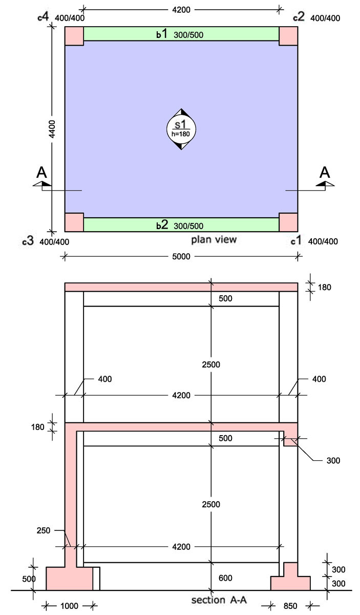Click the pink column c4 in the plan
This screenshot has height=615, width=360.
[x=74, y=36]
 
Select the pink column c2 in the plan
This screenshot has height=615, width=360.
[x=288, y=36]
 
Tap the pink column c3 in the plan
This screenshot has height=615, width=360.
[x=74, y=222]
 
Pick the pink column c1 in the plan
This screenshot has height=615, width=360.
[x=288, y=222]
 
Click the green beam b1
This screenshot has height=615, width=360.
[x=181, y=34]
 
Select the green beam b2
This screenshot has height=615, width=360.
[x=181, y=224]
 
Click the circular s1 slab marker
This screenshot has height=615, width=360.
[x=181, y=128]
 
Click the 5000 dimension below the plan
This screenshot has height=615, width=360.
[x=181, y=256]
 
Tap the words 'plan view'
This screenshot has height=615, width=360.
[x=214, y=240]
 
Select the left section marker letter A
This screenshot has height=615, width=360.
[x=42, y=172]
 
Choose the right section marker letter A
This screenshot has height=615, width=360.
[x=324, y=172]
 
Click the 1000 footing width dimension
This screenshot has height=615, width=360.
[x=69, y=606]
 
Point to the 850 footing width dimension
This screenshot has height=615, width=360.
[x=290, y=606]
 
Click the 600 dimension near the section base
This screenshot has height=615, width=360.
[x=224, y=578]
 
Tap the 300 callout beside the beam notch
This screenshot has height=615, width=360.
[x=333, y=461]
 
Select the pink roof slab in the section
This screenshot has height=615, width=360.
[x=181, y=287]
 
